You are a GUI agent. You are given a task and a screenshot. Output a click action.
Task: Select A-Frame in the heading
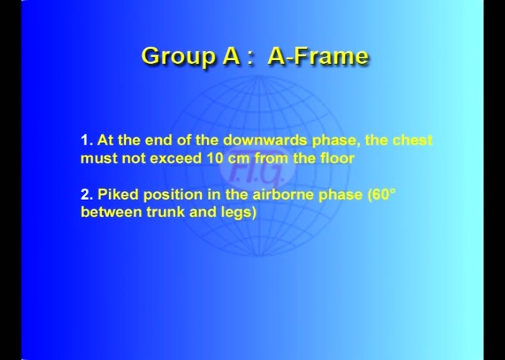[x=318, y=56]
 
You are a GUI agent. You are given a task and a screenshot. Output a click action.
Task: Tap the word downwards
[x=265, y=141]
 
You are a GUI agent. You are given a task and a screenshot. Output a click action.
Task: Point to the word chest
[x=412, y=141]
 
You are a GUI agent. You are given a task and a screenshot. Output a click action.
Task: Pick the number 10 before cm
[x=215, y=158]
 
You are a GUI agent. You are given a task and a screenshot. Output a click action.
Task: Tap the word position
[x=169, y=194]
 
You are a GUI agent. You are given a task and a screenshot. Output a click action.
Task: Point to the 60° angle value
[x=382, y=194]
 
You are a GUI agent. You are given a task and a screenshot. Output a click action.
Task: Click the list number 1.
[x=85, y=141]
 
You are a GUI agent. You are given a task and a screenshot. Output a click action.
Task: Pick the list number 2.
[x=85, y=194]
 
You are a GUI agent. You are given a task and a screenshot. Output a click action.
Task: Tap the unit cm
[x=240, y=158]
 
